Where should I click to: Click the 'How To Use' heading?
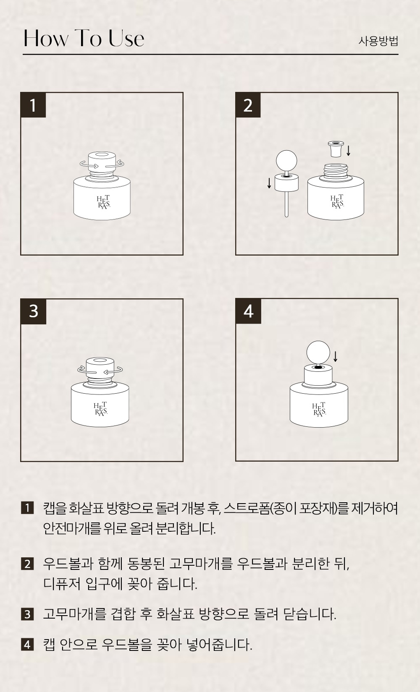[x=84, y=39]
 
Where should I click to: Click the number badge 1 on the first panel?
[x=33, y=105]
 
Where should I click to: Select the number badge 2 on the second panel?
[x=248, y=105]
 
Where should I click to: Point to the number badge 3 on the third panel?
[x=34, y=311]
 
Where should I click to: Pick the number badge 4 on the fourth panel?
[x=248, y=311]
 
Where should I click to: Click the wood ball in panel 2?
[x=286, y=161]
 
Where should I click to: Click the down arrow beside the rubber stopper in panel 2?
[x=349, y=151]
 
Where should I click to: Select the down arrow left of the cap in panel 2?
[x=269, y=183]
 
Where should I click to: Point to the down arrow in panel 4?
[x=335, y=356]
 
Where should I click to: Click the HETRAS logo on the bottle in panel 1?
[x=103, y=202]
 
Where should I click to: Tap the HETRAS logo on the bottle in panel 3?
[x=101, y=408]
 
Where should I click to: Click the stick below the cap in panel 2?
[x=286, y=204]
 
